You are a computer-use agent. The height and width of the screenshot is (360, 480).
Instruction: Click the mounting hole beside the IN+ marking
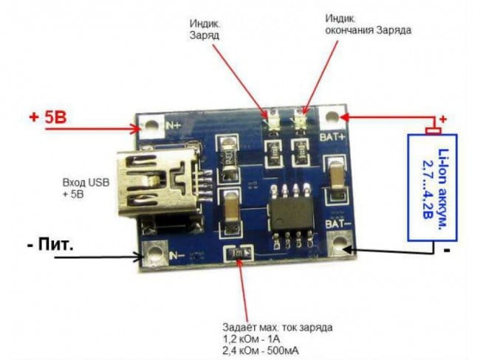[x=152, y=126]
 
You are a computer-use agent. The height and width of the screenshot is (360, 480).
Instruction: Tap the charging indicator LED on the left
[x=270, y=119]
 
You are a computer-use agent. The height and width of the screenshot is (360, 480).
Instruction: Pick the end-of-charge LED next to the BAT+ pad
[x=301, y=118]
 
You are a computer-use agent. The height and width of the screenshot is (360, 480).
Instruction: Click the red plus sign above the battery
[x=443, y=119]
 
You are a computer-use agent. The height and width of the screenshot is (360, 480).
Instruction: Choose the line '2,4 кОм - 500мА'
[x=258, y=349]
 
